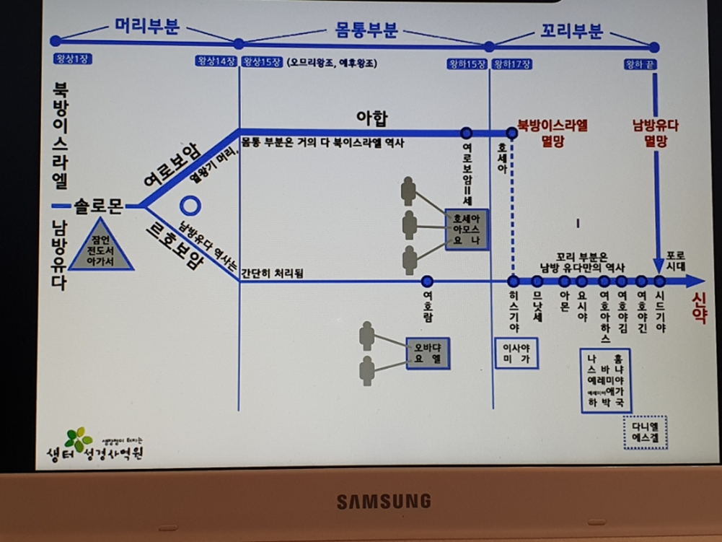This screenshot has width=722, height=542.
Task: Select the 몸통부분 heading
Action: pos(366,31)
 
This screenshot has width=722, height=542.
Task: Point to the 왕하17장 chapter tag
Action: pos(512,64)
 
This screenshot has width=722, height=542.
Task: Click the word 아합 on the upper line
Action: pos(372,117)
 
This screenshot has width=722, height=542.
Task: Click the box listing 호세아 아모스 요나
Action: pos(467,230)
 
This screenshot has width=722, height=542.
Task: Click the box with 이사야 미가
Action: pos(516,352)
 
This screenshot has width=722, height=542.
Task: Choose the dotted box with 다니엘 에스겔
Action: pos(645,432)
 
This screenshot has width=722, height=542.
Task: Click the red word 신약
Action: pos(699,307)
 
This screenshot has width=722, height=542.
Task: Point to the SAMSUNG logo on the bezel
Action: pos(384,501)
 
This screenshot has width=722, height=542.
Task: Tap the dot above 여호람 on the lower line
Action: pos(427,281)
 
